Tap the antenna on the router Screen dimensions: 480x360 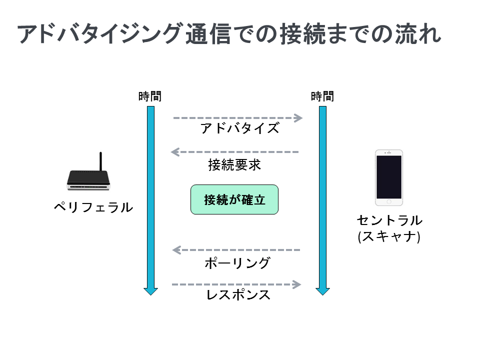pos(100,161)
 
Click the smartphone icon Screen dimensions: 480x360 pos(389,177)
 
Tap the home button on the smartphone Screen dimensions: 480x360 pos(389,201)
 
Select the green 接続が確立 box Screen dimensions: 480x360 pos(234,199)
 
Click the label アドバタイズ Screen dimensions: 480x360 pos(239,128)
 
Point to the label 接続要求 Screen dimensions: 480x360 pos(234,165)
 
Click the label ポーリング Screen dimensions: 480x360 pos(237,263)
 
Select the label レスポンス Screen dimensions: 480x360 pos(238,295)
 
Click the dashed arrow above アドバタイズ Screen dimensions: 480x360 pos(238,118)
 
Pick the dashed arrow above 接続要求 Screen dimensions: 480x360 pos(234,152)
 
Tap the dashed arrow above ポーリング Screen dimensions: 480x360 pos(236,250)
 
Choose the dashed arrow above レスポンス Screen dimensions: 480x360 pos(236,284)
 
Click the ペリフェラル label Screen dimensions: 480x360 pos(93,207)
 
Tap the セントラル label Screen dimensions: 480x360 pos(389,220)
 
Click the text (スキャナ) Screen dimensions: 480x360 pos(389,236)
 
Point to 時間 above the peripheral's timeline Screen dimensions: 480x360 pos(150,96)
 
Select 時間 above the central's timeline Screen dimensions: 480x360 pos(322,96)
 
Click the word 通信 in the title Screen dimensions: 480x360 pos(208,33)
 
